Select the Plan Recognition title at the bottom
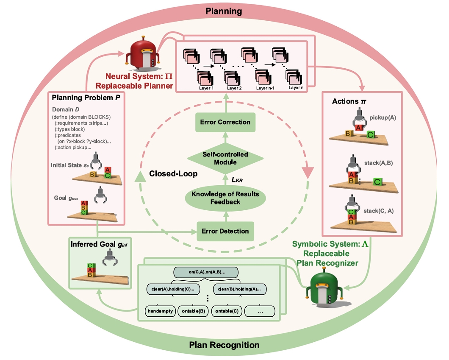tap(224, 345)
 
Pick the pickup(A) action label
tap(382, 117)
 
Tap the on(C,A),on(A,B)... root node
tap(206, 271)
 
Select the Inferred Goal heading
tap(97, 246)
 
